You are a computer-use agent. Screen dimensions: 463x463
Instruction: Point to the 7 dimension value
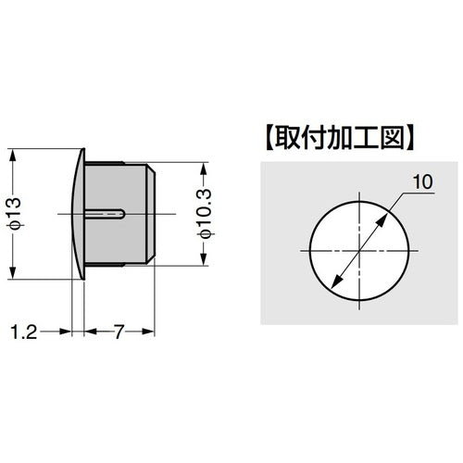[x=121, y=331]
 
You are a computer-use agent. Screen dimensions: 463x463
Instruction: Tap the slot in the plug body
[x=108, y=214]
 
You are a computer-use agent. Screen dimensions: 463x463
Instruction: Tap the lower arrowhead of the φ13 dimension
[x=12, y=275]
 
